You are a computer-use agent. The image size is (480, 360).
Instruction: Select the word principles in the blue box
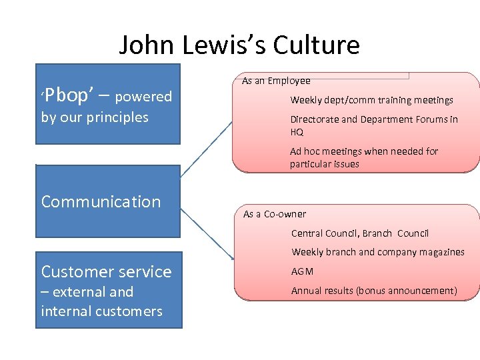coord(117,117)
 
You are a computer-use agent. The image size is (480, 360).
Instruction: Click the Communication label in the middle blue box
coord(101,201)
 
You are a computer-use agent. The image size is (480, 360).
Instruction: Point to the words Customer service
coord(106,271)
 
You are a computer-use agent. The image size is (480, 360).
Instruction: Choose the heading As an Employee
coord(276,81)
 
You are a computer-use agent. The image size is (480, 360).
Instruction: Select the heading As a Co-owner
coord(275,214)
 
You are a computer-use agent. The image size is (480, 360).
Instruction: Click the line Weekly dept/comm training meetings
coord(371,100)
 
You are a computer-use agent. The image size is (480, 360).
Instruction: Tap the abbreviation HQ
coord(297,132)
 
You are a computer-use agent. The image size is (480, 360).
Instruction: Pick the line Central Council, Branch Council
coord(360,233)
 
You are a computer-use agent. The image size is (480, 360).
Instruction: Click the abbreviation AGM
coord(302,271)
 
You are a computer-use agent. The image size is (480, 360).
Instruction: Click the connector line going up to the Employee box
coord(206,149)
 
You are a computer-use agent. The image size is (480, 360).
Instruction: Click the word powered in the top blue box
coord(143,97)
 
